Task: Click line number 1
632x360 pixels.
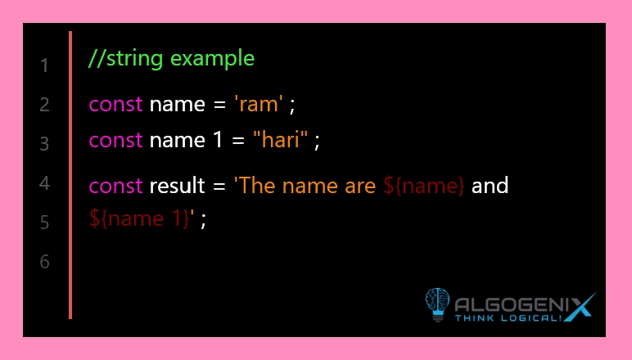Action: (x=45, y=65)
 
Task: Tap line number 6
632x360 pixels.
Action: (x=44, y=261)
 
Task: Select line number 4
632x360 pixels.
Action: (x=44, y=183)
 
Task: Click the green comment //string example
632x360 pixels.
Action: (x=172, y=59)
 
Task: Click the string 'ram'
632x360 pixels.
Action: (x=259, y=104)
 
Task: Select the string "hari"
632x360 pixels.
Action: (x=281, y=139)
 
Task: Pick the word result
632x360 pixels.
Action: (x=178, y=185)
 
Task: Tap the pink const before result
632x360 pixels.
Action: (x=115, y=186)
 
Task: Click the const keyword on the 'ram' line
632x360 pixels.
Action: (x=115, y=105)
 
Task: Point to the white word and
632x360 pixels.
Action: (x=490, y=185)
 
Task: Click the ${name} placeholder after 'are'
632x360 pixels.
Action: (x=423, y=186)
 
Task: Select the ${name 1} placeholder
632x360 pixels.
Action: (x=139, y=219)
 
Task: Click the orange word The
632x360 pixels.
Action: (x=257, y=185)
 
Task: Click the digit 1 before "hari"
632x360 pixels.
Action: (x=218, y=140)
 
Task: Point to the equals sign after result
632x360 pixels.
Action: (x=219, y=187)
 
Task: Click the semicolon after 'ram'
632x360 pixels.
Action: (x=292, y=106)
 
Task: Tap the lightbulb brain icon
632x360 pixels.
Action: (x=437, y=304)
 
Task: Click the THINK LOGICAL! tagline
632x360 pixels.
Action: (x=508, y=318)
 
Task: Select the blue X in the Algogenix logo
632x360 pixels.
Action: (x=580, y=307)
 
